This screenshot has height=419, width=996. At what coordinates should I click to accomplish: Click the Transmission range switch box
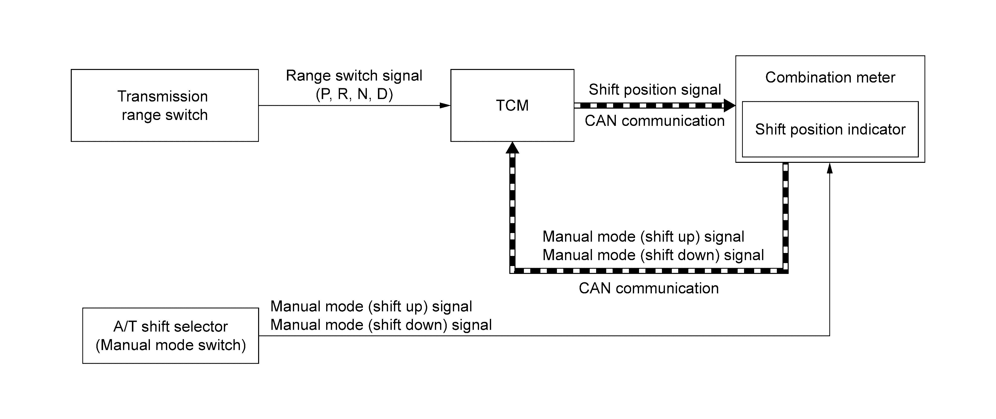(165, 105)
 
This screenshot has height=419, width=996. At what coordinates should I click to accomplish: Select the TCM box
(512, 105)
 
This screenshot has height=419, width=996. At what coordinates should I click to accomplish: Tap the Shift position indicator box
(830, 129)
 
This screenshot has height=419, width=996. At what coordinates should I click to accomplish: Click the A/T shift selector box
(171, 335)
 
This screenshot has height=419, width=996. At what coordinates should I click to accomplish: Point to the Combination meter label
(830, 77)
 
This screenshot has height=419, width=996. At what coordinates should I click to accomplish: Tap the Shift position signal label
(655, 90)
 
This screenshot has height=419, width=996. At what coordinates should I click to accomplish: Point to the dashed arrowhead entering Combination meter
(729, 105)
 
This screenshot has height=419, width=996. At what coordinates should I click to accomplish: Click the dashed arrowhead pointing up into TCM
(512, 148)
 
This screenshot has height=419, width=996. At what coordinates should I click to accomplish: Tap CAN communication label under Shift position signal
(655, 121)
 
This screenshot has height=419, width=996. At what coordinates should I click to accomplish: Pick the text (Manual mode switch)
(171, 345)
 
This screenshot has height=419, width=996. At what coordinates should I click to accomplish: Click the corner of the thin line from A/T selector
(829, 335)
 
